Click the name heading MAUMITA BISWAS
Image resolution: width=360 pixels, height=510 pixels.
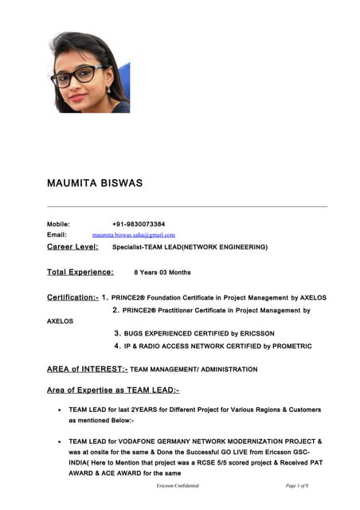95,183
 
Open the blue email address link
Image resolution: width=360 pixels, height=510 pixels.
133,235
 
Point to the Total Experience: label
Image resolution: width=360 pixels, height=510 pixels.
80,273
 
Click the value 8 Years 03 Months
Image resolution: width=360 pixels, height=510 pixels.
162,273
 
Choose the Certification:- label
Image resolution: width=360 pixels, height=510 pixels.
72,297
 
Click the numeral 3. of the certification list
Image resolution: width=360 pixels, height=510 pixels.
118,334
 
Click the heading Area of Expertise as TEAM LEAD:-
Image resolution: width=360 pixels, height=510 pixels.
113,390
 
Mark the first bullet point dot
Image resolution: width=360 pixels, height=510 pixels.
61,410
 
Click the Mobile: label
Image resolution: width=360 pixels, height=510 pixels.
59,224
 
